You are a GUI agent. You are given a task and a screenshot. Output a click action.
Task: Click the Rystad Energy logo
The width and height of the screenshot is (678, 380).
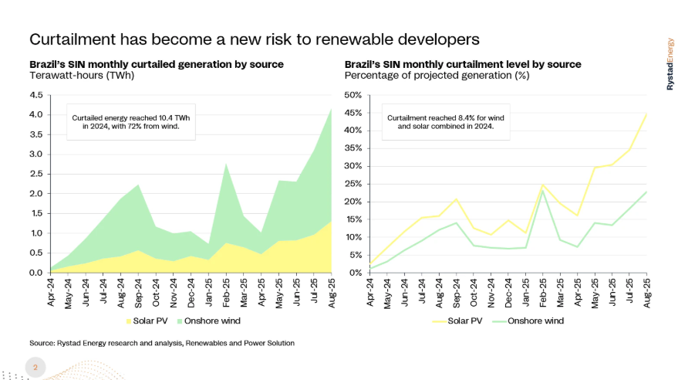[669, 64]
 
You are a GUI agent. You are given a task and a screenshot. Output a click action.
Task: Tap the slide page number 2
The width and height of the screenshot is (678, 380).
[35, 368]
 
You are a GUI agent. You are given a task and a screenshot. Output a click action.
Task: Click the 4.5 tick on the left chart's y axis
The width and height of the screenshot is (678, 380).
[36, 95]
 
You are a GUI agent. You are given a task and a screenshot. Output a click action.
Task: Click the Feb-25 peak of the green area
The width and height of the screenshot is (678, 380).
[225, 163]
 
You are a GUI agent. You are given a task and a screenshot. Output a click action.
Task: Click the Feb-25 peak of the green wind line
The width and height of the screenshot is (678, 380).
[543, 190]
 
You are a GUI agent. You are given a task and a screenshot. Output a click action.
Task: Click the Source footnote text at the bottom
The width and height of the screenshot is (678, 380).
[162, 342]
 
